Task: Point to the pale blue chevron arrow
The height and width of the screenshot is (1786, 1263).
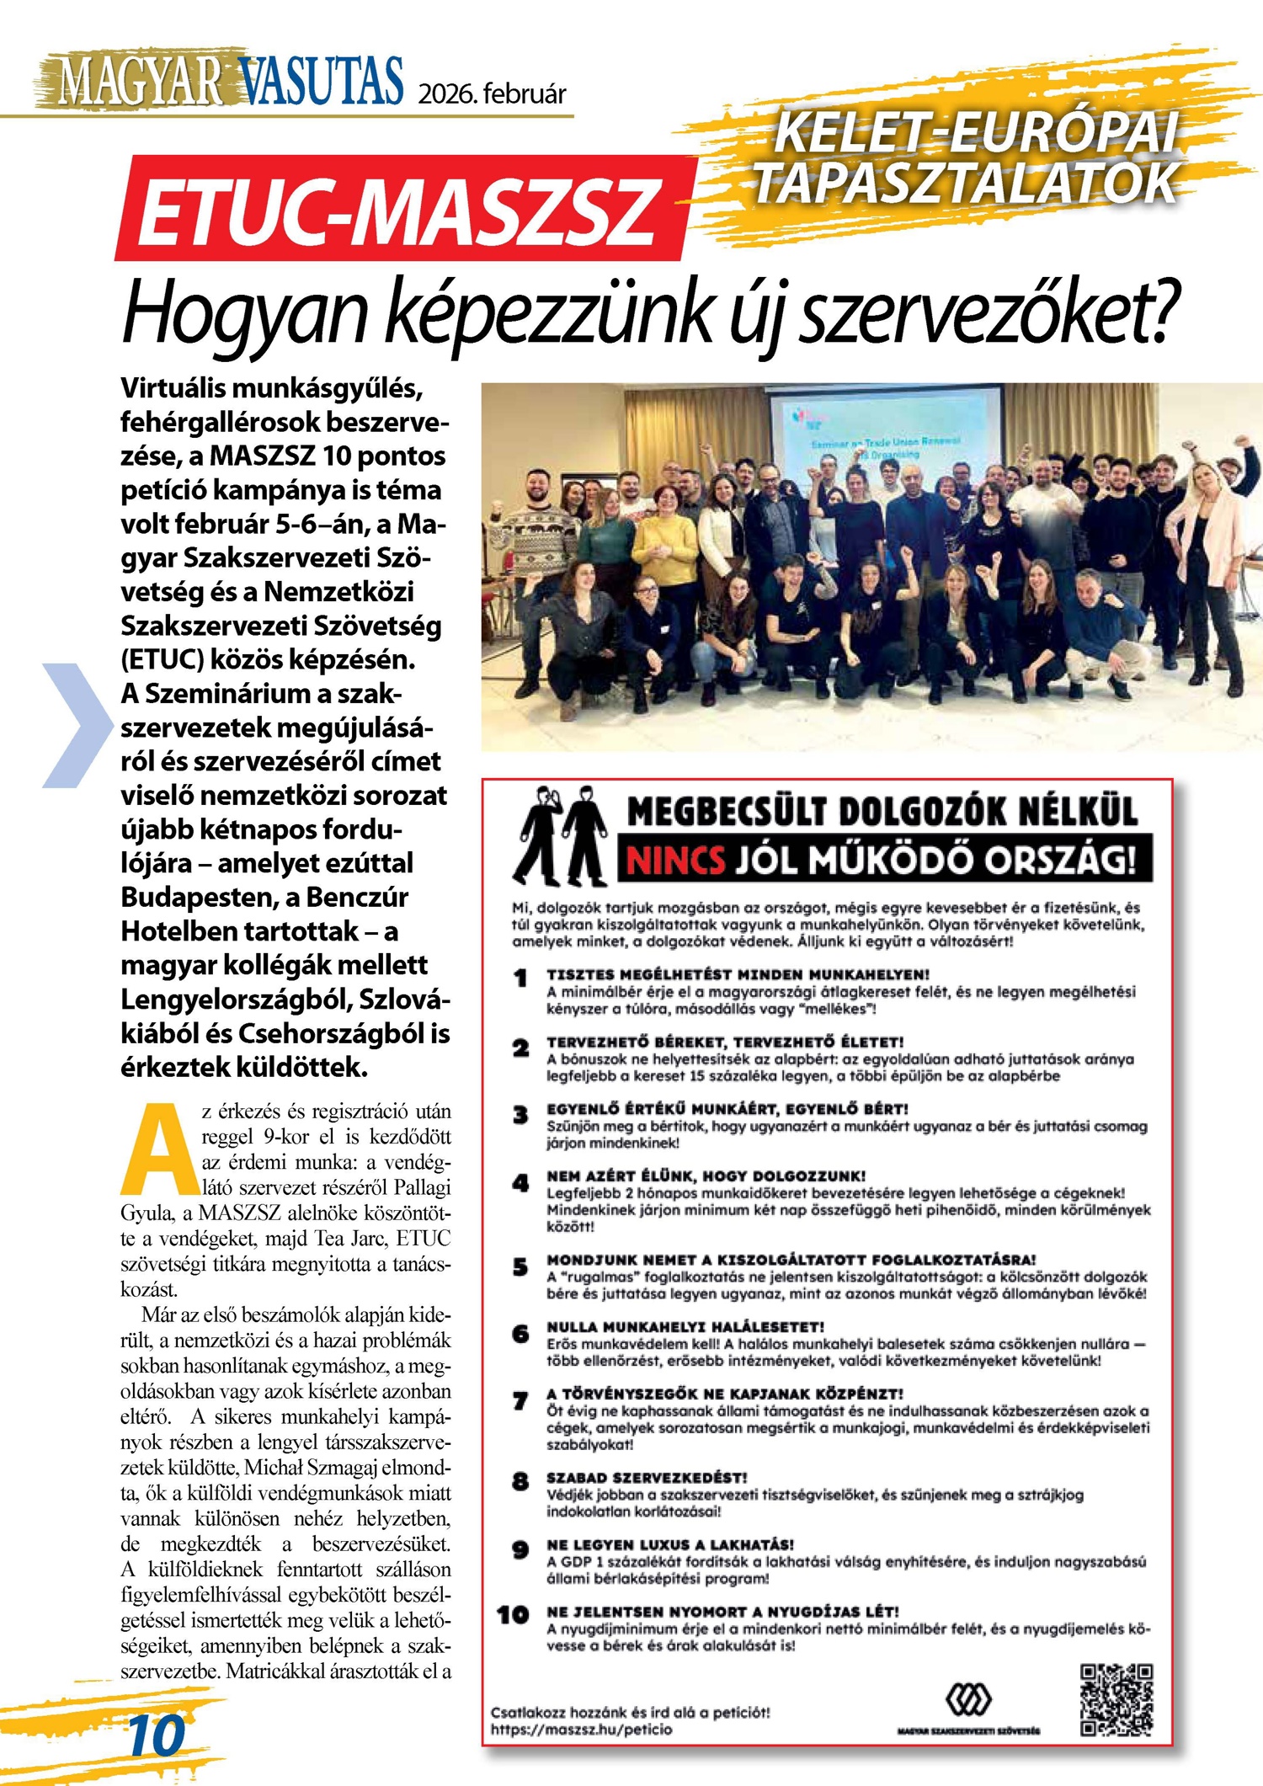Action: tap(76, 725)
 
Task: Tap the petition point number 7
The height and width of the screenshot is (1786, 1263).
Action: tap(521, 1401)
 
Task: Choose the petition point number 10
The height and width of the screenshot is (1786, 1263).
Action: tap(513, 1615)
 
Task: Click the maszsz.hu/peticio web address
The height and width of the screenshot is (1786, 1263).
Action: tap(582, 1730)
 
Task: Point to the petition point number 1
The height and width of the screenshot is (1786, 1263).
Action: tap(521, 978)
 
